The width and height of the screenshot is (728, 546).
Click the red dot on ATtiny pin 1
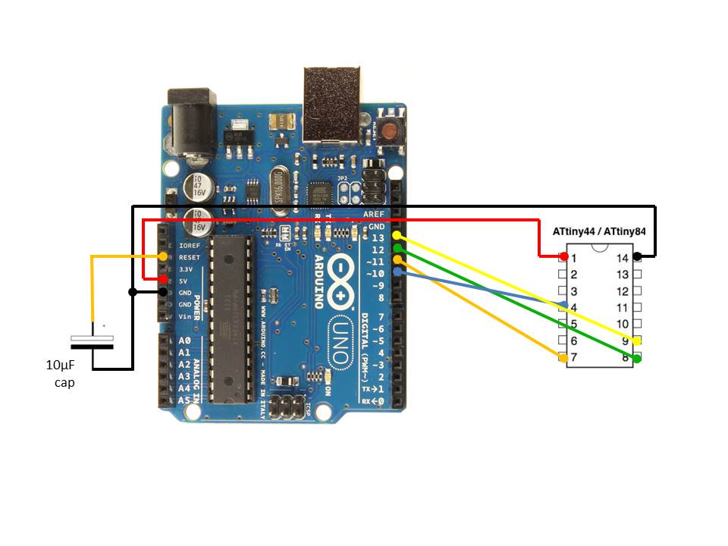(563, 256)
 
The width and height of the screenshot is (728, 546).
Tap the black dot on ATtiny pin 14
(638, 256)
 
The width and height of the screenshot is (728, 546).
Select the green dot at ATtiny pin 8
(638, 358)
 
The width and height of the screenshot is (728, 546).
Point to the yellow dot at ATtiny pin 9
(638, 341)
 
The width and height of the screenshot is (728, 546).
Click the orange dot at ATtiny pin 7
(563, 357)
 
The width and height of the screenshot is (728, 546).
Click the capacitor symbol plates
(93, 342)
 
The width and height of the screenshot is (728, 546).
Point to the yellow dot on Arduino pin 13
(396, 237)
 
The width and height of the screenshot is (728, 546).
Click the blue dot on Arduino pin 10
(397, 271)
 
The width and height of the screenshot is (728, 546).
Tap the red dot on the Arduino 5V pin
(163, 279)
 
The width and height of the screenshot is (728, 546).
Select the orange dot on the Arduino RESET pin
(163, 256)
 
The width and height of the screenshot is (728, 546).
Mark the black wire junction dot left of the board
(133, 291)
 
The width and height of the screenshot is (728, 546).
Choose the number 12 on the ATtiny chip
(622, 291)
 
